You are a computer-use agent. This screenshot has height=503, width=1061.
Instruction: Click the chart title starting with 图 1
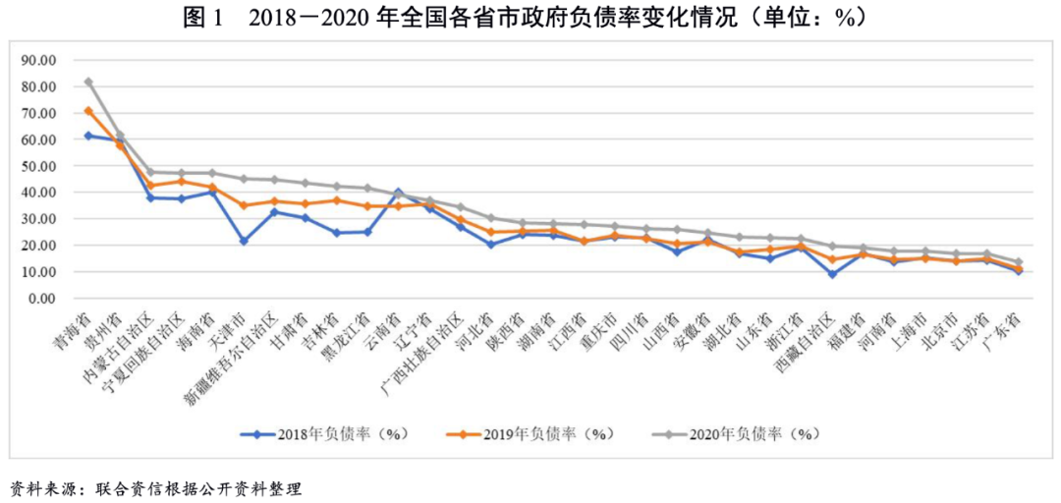pos(530,17)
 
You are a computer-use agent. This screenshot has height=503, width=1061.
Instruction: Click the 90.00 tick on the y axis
pos(38,60)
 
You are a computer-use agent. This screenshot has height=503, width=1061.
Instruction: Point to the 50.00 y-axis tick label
pos(38,166)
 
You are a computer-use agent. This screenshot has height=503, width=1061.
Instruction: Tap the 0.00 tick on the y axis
pos(42,299)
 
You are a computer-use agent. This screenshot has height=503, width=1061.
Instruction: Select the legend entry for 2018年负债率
pos(324,432)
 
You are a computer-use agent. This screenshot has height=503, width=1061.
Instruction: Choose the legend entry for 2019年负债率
pos(530,432)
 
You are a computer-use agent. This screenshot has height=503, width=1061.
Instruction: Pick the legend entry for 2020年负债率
pos(736,432)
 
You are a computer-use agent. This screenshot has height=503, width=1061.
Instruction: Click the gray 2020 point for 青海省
pos(88,82)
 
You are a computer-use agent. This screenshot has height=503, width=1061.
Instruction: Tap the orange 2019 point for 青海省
pos(88,111)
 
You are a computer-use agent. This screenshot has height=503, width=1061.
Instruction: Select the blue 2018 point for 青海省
pos(88,136)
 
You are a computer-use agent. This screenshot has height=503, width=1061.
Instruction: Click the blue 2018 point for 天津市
pos(244,241)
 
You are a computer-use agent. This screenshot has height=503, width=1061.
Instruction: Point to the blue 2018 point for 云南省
pos(398,192)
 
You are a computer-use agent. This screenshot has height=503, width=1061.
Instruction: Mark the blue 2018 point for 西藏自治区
pos(832,274)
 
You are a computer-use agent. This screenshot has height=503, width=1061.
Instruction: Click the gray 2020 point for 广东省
pos(1018,262)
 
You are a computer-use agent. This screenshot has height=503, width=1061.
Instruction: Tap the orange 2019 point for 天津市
pos(244,205)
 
